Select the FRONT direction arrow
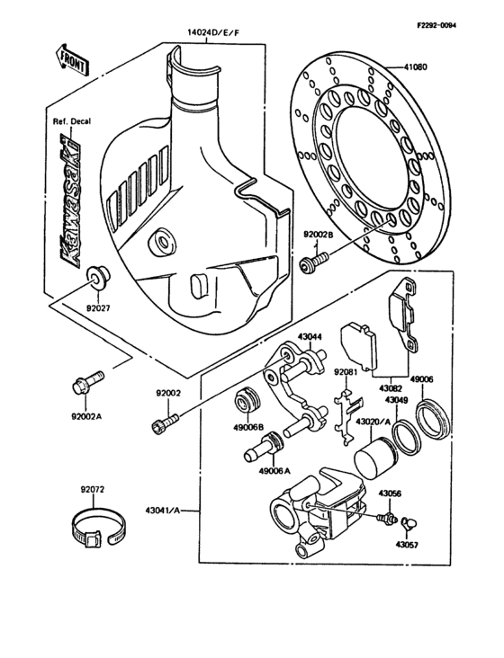pos(71,60)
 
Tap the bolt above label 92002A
pos(84,383)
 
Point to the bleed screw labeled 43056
pos(390,519)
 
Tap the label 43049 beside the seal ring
pos(398,400)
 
